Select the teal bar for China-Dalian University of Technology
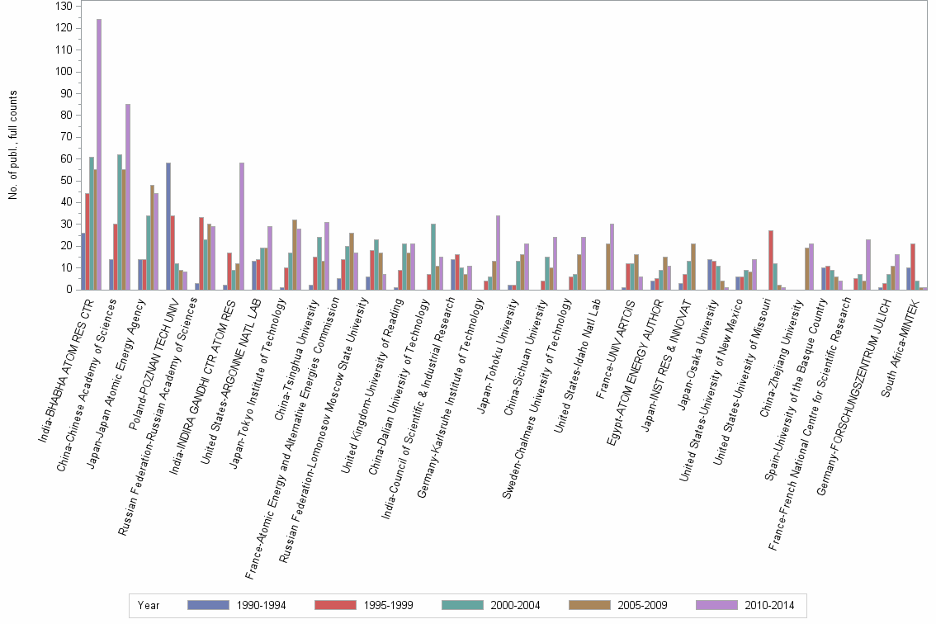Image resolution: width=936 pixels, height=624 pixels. pyautogui.click(x=433, y=257)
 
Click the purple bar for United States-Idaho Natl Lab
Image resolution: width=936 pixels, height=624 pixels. pyautogui.click(x=612, y=257)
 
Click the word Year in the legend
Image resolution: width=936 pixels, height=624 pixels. pyautogui.click(x=149, y=605)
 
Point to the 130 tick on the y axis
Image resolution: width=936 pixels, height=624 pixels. pyautogui.click(x=64, y=6)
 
